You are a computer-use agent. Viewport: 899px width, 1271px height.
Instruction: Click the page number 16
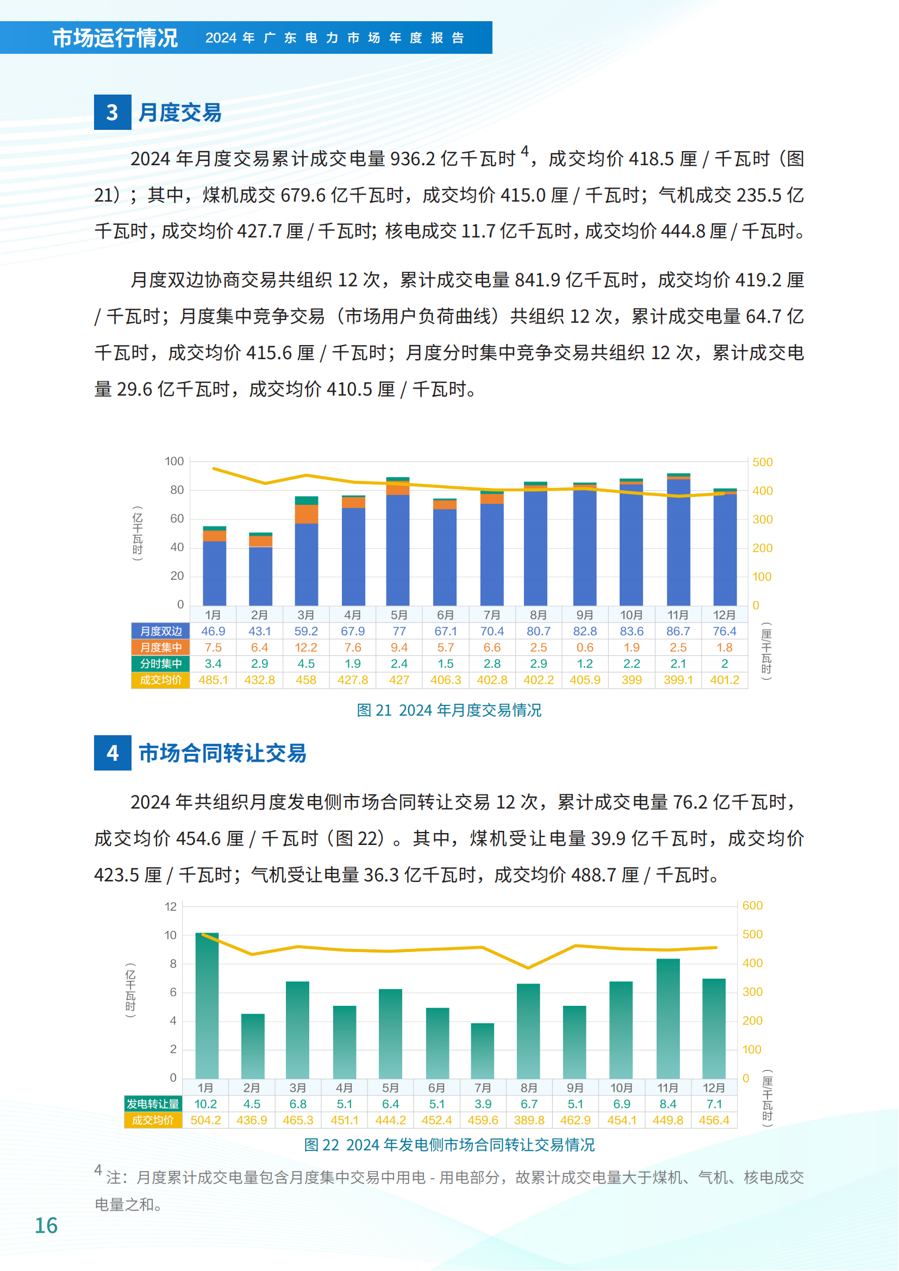pos(46,1225)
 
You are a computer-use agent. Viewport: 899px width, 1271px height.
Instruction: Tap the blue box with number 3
pos(113,112)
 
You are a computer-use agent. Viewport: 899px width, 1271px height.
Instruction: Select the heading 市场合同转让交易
pos(222,753)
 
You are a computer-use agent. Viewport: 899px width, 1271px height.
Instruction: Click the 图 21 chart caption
pos(449,710)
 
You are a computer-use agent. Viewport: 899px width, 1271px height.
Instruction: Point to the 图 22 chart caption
pos(449,1145)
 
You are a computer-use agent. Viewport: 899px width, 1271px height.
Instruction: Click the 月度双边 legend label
pos(160,631)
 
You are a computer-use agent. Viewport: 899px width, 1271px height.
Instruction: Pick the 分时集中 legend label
pos(160,663)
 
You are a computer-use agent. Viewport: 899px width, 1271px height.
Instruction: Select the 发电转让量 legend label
pos(153,1104)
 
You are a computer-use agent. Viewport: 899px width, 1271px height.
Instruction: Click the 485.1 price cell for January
pos(213,680)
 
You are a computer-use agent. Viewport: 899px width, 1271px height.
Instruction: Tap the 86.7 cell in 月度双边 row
pos(678,631)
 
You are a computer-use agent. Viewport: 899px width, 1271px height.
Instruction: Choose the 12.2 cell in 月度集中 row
pos(305,648)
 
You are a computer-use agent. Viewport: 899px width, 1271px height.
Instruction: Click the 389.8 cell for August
pos(529,1120)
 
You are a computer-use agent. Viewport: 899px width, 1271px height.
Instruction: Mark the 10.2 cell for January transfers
pos(205,1104)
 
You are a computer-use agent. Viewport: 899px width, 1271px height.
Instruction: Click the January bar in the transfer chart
pos(207,1005)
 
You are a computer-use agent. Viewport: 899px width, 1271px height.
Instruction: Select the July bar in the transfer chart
pos(483,1051)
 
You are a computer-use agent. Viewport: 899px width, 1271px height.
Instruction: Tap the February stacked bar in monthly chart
pos(261,569)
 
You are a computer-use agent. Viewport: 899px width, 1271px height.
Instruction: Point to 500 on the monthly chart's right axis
pos(762,462)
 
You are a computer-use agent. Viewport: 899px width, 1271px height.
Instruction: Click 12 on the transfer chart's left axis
pos(171,907)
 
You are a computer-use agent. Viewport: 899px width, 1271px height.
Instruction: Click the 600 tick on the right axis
pos(752,906)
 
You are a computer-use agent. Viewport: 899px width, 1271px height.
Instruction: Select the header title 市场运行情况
pos(115,37)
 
